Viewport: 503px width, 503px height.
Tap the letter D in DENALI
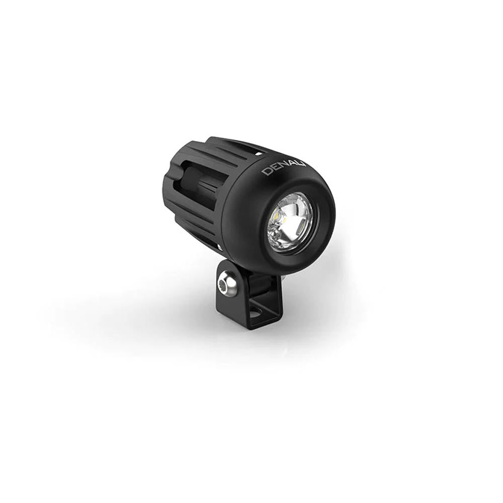[266, 172]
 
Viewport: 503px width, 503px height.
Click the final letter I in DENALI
[305, 163]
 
